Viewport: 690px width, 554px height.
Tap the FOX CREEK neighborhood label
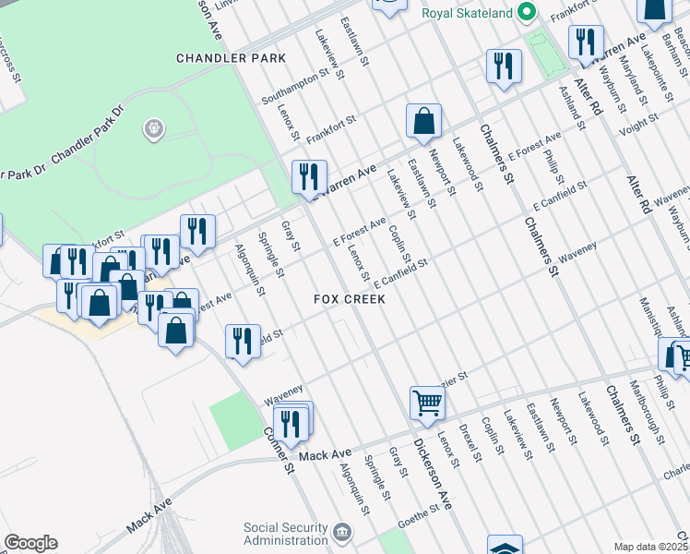coord(349,300)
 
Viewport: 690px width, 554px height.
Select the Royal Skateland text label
coord(466,13)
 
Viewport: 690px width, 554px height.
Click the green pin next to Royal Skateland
coord(527,12)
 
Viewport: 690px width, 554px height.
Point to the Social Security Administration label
coord(286,534)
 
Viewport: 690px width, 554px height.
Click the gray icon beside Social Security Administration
coord(342,533)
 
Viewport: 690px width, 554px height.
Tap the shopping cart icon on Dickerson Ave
coord(427,402)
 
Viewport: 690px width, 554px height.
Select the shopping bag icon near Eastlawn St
coord(423,120)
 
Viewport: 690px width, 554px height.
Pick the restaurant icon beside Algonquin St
coord(243,340)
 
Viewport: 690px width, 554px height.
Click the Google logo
coord(30,543)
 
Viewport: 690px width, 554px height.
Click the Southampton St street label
coord(295,87)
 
